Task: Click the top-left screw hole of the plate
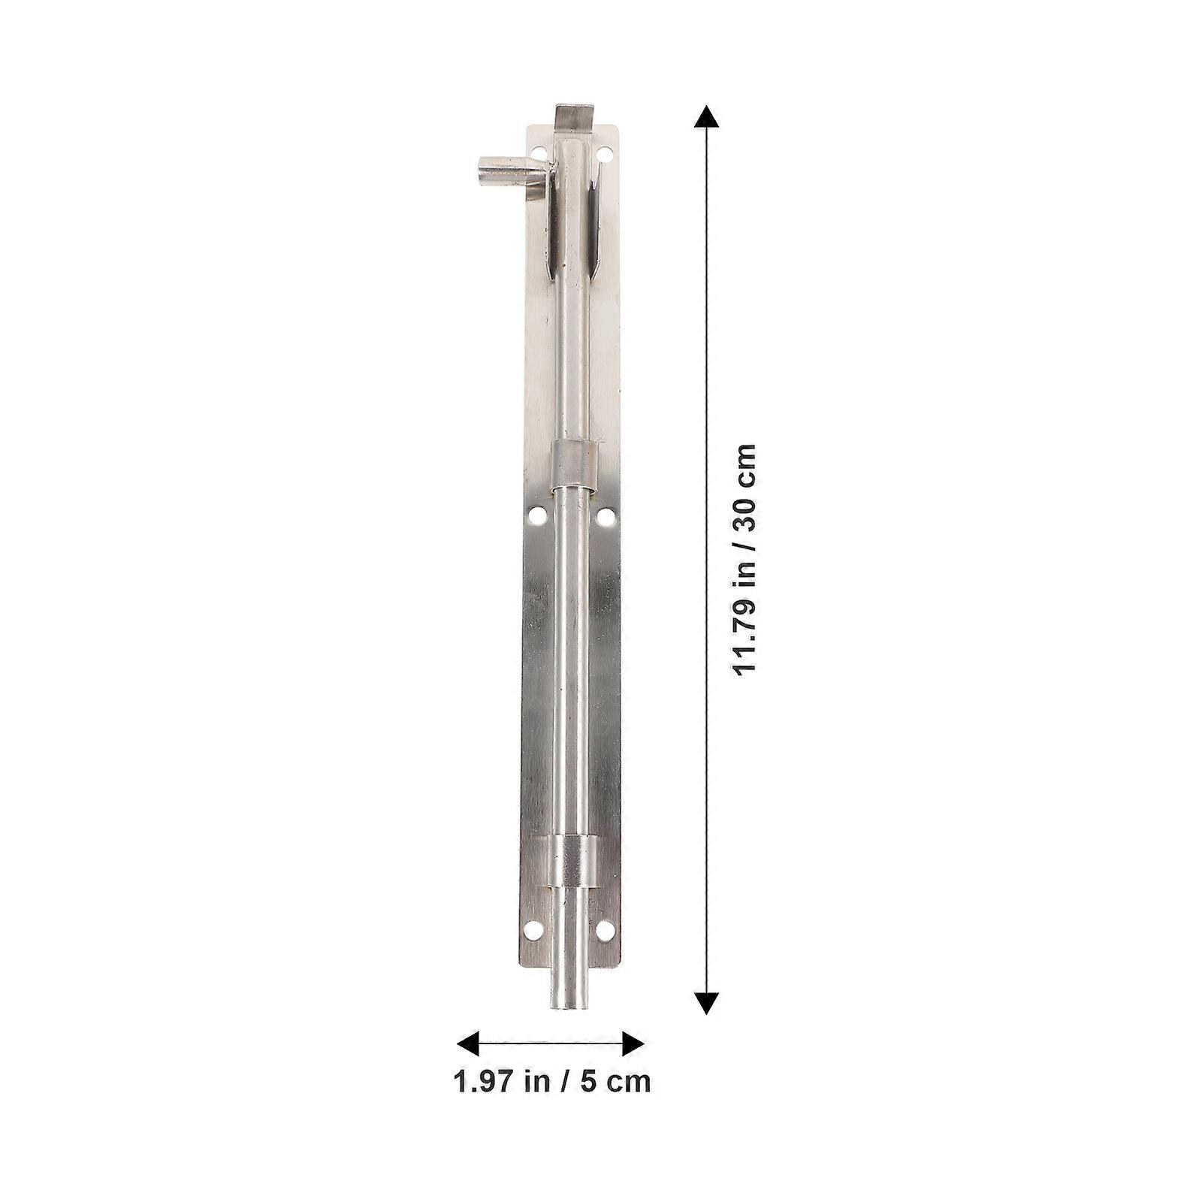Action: coord(539,154)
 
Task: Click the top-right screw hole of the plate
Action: coord(603,154)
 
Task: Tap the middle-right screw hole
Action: coord(606,516)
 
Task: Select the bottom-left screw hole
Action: coord(533,930)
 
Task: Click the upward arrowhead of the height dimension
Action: coord(705,116)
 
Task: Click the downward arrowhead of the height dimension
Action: coord(706,1003)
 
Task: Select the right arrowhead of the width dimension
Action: coord(633,1043)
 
